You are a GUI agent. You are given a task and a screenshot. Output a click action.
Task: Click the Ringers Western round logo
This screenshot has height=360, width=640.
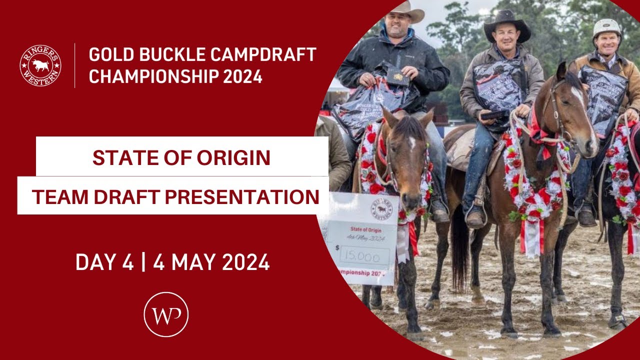tap(40, 65)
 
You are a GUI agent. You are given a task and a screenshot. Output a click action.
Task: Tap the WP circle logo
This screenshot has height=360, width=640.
tap(166, 314)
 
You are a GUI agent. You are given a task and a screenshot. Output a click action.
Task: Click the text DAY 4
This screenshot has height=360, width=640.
tap(104, 262)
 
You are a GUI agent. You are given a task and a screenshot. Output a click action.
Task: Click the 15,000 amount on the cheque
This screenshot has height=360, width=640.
tap(364, 256)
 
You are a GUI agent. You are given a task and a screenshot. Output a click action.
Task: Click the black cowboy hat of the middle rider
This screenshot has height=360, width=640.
tap(506, 25)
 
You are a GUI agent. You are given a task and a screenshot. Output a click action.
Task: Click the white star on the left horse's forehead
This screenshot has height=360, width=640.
tap(411, 144)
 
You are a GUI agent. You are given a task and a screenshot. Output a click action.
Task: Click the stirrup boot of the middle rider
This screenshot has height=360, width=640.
tap(475, 216)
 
